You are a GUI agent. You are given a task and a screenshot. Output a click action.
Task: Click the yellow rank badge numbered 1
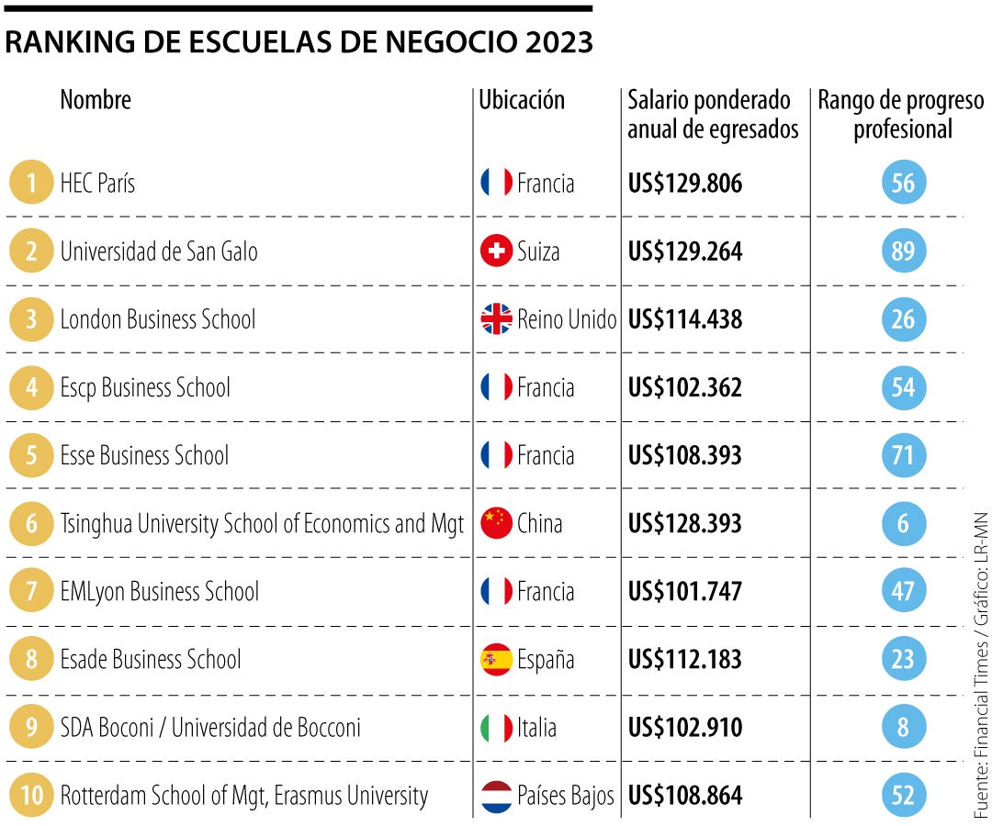click(x=32, y=184)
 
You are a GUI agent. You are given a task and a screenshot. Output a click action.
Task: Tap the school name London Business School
click(x=158, y=319)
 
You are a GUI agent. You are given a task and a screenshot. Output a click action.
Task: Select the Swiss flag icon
click(x=496, y=251)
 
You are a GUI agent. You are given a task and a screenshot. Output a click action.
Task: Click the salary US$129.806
click(x=685, y=184)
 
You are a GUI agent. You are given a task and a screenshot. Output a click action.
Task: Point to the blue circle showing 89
click(x=903, y=251)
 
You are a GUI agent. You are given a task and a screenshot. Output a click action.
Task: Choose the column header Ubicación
click(x=522, y=100)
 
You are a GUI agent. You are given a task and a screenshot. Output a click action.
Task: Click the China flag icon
click(x=496, y=523)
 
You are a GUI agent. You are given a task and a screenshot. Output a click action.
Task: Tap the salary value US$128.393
click(x=685, y=523)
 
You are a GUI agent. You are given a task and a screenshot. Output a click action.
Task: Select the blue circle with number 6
click(x=903, y=523)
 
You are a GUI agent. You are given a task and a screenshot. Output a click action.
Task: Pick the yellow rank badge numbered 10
click(x=32, y=795)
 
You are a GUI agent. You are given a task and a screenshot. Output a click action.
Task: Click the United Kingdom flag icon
click(x=496, y=319)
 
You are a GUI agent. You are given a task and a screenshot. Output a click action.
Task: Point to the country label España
click(x=546, y=659)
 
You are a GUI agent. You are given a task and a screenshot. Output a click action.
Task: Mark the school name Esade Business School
click(x=151, y=659)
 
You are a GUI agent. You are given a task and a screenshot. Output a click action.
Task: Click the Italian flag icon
click(x=496, y=727)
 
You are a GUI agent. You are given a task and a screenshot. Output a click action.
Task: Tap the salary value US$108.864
click(x=685, y=795)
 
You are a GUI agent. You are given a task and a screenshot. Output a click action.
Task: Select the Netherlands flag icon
click(x=496, y=795)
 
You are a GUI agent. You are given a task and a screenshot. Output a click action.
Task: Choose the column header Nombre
click(x=96, y=99)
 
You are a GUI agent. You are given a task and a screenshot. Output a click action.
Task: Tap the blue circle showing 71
click(x=903, y=455)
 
